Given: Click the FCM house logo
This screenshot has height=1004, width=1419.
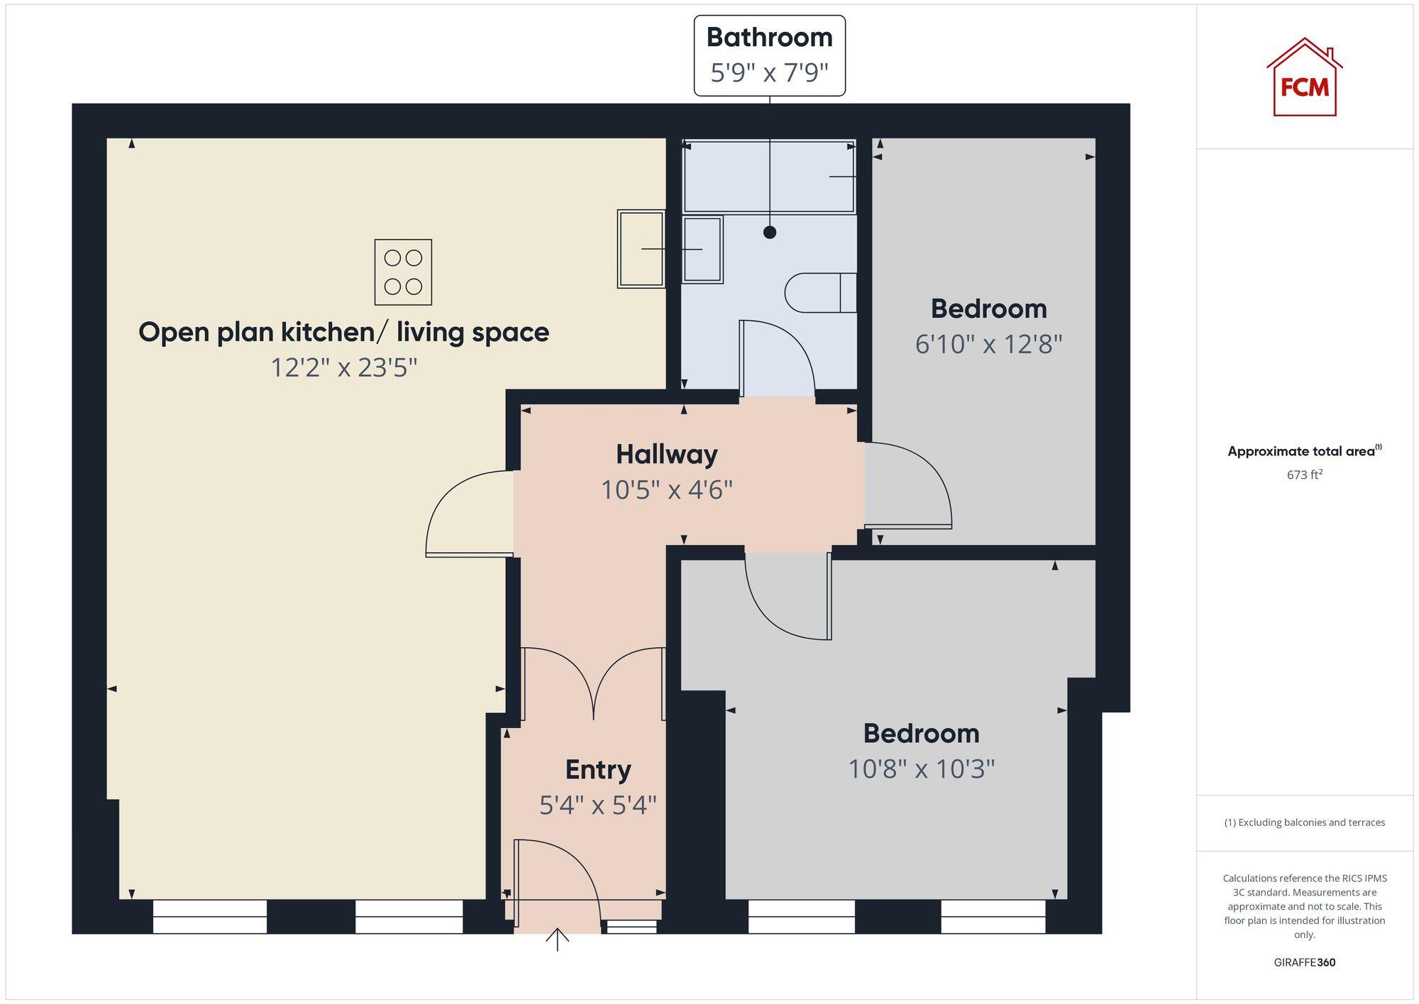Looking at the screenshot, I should (x=1304, y=78).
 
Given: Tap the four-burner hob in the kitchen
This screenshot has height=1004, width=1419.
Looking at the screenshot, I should (x=403, y=272).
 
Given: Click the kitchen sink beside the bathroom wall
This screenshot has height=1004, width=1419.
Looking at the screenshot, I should (x=641, y=248).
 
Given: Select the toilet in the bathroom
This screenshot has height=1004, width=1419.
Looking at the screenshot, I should (x=819, y=292).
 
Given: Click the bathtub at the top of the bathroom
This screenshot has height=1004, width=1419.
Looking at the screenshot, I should (x=768, y=177).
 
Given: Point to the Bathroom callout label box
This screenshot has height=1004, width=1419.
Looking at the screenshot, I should (x=769, y=55).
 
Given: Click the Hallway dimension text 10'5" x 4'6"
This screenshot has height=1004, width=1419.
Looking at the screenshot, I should (x=666, y=490).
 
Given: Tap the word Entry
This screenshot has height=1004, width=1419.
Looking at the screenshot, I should (x=597, y=769).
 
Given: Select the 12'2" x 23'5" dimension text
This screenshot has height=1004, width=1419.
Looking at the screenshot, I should (x=343, y=368).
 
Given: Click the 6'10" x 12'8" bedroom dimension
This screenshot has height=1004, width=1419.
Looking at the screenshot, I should (x=988, y=344).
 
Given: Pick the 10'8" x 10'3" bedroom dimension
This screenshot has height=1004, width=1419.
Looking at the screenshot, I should (x=921, y=768).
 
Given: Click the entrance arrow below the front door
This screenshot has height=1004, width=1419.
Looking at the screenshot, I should (x=558, y=939).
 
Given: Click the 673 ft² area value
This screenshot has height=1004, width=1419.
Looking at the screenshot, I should (x=1304, y=475).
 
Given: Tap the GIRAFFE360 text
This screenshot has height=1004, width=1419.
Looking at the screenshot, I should (x=1304, y=962).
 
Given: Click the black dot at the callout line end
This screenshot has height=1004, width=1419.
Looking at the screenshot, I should (x=770, y=232).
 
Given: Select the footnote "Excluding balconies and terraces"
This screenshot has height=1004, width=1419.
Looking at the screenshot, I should (x=1304, y=822).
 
